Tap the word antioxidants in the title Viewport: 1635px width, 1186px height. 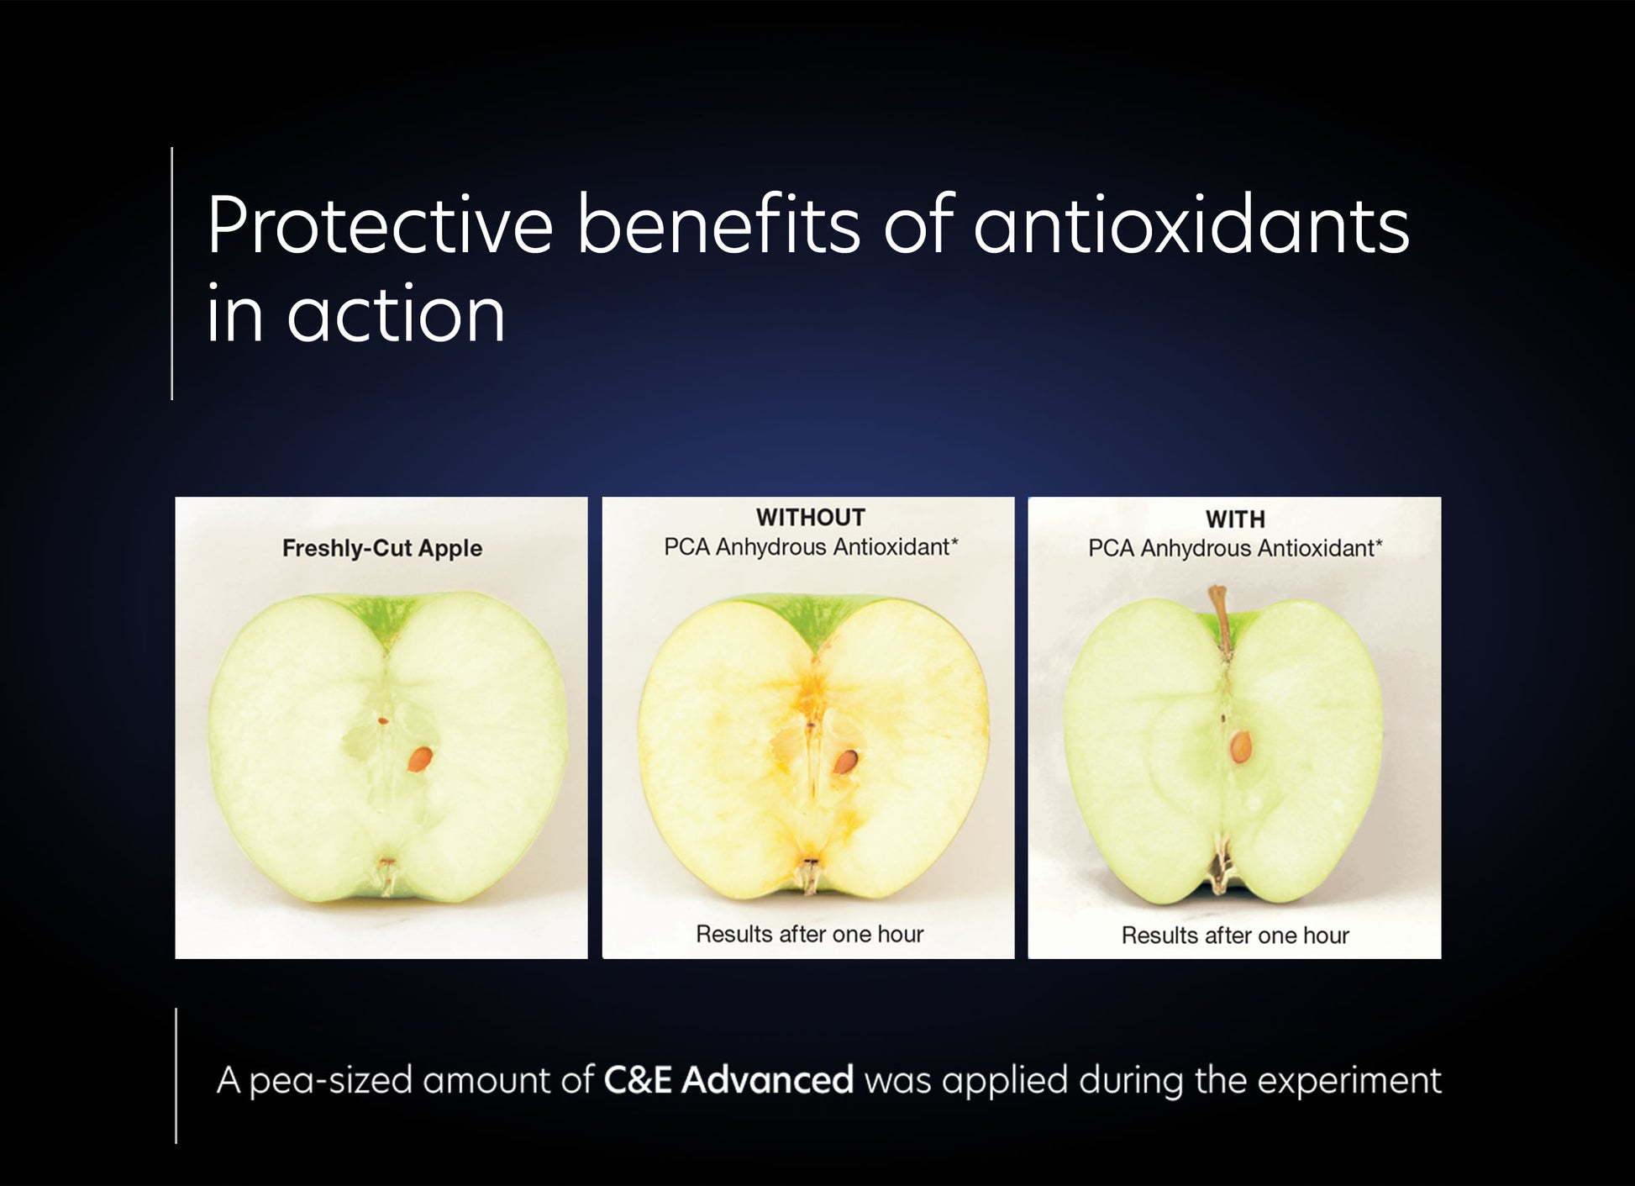point(1191,225)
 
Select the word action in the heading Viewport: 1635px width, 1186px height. point(396,315)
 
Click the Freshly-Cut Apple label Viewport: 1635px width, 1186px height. point(382,548)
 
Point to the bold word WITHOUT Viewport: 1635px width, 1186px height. point(810,517)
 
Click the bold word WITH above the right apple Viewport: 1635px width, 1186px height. point(1234,519)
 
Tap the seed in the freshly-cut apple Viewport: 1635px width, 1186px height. point(420,759)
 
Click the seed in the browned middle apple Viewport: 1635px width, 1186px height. point(845,762)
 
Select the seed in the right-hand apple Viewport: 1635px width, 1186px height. point(1240,746)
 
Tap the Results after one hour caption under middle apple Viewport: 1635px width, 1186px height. point(809,934)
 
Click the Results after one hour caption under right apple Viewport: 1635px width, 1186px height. point(1234,936)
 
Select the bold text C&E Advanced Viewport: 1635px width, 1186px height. point(728,1080)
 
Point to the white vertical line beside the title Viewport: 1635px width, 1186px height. point(172,273)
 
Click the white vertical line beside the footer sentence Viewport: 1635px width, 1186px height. point(176,1076)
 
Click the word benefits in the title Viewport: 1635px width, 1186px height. point(718,225)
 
